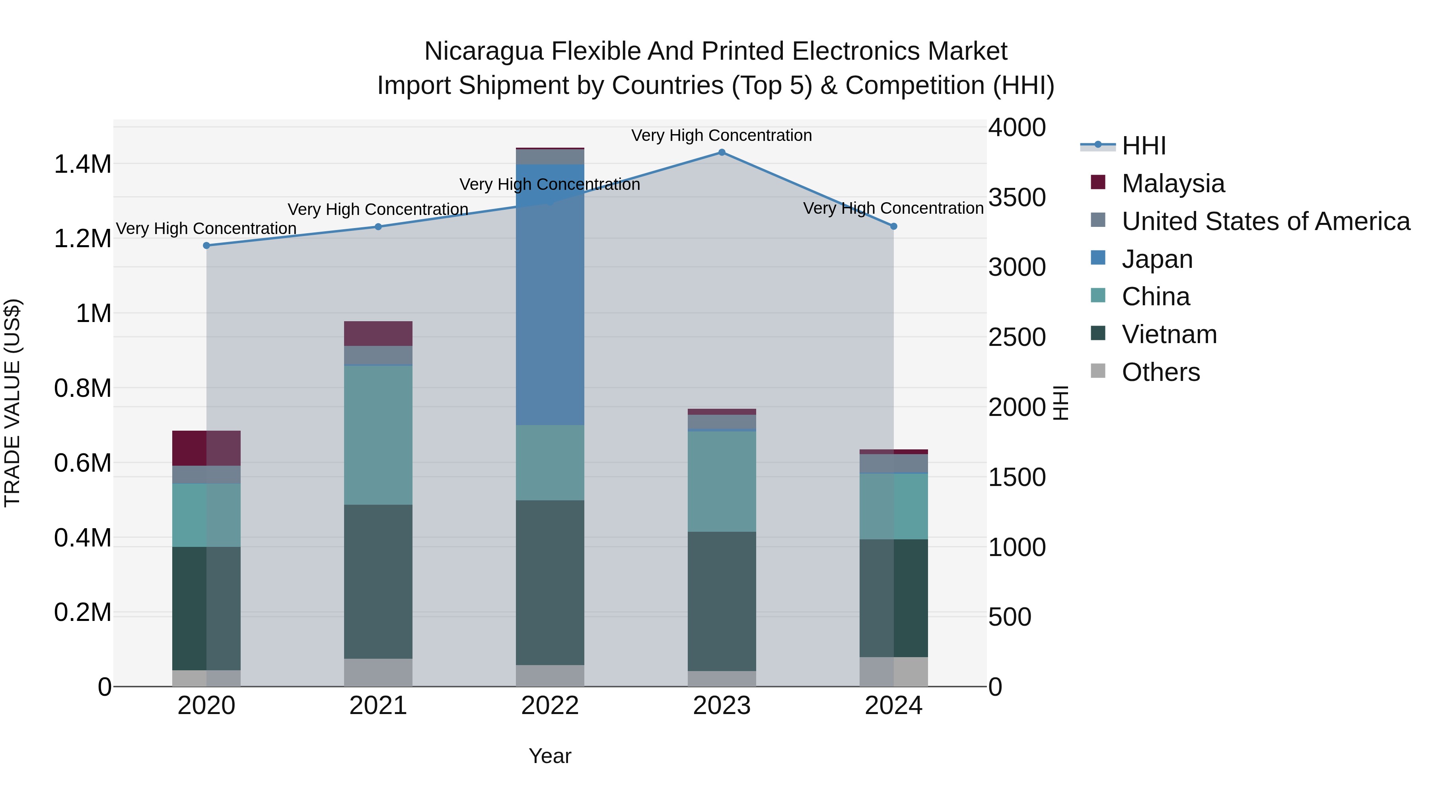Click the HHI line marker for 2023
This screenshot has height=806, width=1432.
pos(722,152)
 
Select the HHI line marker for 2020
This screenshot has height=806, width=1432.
pos(206,245)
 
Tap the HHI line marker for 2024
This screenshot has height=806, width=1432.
pos(893,226)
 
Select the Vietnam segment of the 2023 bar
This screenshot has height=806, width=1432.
pos(722,601)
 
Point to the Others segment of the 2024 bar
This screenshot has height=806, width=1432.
pos(893,671)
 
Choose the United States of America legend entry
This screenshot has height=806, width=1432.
pos(1265,221)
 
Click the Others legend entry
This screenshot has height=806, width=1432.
pos(1160,372)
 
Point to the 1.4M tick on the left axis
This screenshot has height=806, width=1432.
pos(82,165)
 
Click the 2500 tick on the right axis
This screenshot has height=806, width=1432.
pos(1017,337)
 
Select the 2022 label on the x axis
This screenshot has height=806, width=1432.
pos(550,706)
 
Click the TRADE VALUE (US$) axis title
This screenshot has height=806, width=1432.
pos(12,403)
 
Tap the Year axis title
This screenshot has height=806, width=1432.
pos(550,756)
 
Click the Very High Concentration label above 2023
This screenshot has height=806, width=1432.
pos(722,135)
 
